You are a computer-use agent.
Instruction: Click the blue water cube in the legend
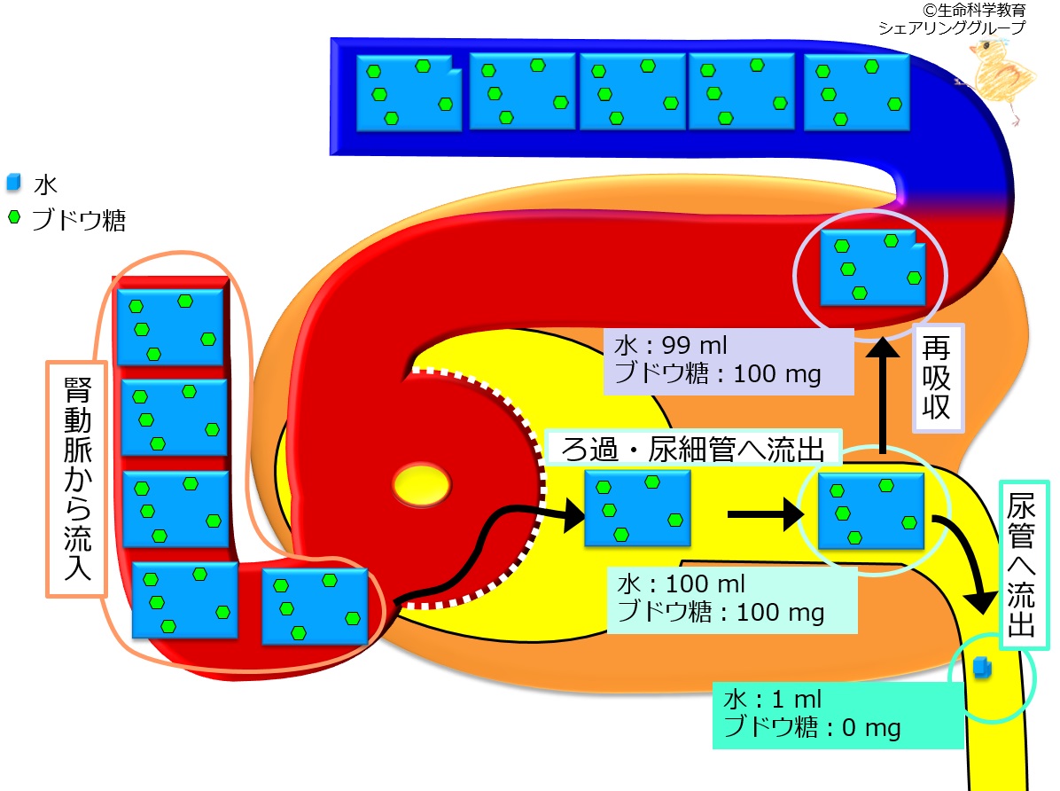[13, 182]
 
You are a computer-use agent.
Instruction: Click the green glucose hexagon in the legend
[14, 217]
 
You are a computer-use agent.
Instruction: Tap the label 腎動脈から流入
[77, 479]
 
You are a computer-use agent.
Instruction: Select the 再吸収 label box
[938, 379]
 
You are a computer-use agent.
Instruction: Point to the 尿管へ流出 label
[1024, 565]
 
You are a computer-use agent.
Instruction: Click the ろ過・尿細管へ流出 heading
[693, 449]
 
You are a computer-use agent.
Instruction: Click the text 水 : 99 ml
[670, 345]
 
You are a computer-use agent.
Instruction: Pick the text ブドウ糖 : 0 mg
[812, 727]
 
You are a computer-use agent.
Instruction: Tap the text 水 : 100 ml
[681, 583]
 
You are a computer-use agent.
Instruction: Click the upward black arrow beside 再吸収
[883, 395]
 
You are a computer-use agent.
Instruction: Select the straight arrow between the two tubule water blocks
[766, 515]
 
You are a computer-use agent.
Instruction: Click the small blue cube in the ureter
[982, 667]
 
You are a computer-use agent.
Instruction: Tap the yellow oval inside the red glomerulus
[421, 485]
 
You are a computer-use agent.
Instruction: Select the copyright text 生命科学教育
[974, 10]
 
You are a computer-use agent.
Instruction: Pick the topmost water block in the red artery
[169, 327]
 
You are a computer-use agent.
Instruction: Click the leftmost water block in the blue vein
[409, 93]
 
